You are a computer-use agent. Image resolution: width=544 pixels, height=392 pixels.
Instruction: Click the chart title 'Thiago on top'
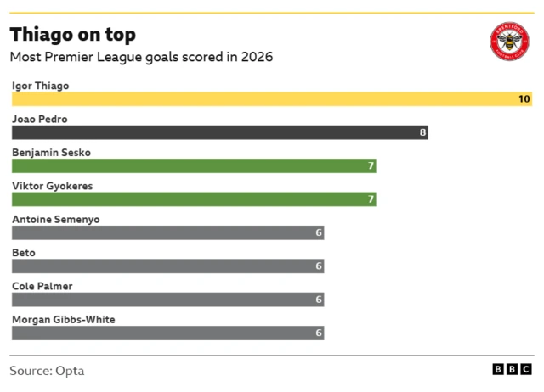click(x=72, y=35)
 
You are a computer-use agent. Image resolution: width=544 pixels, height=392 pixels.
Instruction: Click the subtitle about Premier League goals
click(x=141, y=58)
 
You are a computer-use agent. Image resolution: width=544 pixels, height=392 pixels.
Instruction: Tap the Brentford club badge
click(x=509, y=41)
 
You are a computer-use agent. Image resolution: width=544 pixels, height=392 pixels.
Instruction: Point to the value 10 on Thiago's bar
click(x=524, y=99)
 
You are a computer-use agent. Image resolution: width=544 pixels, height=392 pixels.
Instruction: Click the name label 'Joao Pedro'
click(x=40, y=120)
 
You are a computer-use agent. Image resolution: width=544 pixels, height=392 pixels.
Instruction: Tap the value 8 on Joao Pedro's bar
click(x=422, y=132)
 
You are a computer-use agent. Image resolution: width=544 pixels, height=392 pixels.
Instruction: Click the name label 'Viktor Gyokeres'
click(x=53, y=186)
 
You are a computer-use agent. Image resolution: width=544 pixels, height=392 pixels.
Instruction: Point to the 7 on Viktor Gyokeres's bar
click(x=371, y=199)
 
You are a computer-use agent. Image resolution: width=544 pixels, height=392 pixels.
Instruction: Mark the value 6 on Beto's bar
click(x=319, y=266)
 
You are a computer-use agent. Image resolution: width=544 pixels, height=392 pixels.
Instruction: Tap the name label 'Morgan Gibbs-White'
click(x=64, y=320)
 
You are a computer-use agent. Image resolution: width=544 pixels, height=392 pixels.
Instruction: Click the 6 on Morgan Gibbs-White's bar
click(x=319, y=333)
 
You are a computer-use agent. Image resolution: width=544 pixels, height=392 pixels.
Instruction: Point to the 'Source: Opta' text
click(x=47, y=371)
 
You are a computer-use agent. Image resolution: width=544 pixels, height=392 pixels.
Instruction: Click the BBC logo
click(x=513, y=370)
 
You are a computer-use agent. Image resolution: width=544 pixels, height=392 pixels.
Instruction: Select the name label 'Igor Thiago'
click(x=41, y=86)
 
